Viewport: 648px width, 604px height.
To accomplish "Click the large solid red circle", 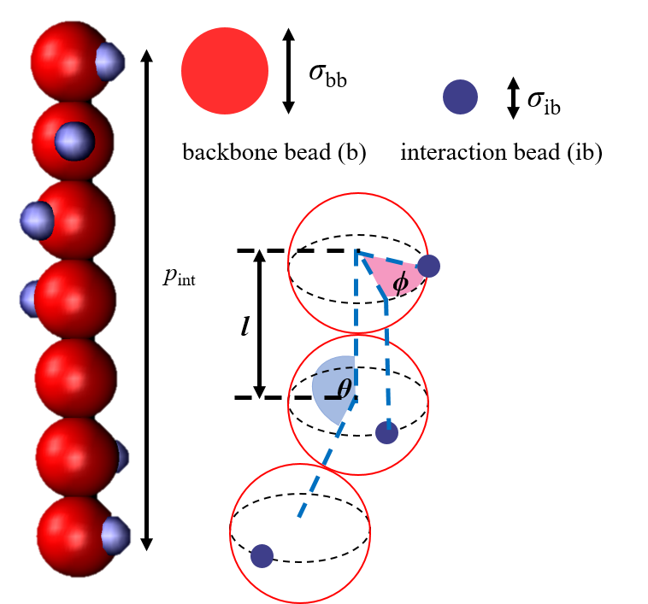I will pyautogui.click(x=225, y=71).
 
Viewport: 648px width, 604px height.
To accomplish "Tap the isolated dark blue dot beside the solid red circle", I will pyautogui.click(x=460, y=97).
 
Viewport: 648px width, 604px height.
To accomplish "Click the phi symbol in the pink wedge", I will pyautogui.click(x=400, y=283).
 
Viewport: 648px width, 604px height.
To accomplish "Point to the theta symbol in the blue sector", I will pyautogui.click(x=344, y=390).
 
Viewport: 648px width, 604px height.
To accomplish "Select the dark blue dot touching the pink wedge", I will pyautogui.click(x=428, y=266).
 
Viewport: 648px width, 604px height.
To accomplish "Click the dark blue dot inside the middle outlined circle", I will pyautogui.click(x=386, y=432).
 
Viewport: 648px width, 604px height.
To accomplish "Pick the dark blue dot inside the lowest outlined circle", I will pyautogui.click(x=262, y=556).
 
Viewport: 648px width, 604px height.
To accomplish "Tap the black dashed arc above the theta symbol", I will pyautogui.click(x=333, y=370).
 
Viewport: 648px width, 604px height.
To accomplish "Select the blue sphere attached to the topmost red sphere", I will pyautogui.click(x=110, y=62).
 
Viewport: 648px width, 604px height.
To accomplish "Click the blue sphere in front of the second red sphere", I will pyautogui.click(x=74, y=141).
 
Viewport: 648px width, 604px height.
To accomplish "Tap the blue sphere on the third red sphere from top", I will pyautogui.click(x=36, y=220).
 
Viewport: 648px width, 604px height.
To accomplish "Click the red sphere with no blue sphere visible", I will pyautogui.click(x=75, y=378).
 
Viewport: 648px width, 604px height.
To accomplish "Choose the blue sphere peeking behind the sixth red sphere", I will pyautogui.click(x=122, y=457).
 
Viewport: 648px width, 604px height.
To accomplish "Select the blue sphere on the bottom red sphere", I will pyautogui.click(x=115, y=536).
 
